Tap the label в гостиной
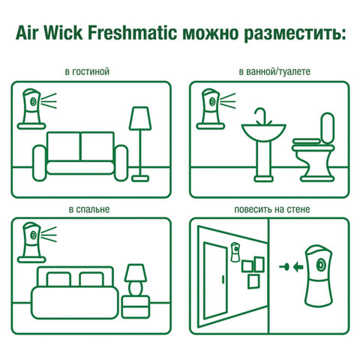(x=88, y=73)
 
